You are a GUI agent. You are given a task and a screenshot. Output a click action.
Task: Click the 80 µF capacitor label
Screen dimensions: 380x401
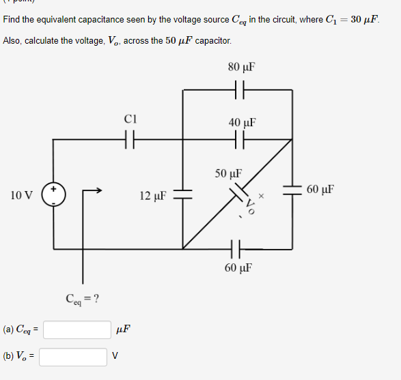242,68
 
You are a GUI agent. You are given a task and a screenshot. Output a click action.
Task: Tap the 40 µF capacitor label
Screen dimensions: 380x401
242,123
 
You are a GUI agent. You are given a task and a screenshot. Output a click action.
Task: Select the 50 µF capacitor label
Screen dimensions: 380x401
228,173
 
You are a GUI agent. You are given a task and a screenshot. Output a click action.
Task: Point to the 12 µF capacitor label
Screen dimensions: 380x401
153,196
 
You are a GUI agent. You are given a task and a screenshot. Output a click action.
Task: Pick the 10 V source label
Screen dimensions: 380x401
22,196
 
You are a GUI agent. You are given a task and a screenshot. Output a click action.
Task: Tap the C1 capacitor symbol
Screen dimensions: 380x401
131,141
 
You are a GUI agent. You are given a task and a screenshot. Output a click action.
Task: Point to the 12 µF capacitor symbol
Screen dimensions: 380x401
182,194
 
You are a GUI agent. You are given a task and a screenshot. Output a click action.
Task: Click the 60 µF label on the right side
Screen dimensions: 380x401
320,189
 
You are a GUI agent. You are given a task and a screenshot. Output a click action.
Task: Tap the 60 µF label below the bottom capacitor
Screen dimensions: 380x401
238,267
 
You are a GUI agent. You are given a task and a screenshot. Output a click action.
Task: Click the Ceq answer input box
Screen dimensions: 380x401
77,330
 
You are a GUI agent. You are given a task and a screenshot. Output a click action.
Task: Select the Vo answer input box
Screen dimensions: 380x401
73,357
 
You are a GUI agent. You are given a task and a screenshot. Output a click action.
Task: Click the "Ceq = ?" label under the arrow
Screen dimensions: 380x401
83,298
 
